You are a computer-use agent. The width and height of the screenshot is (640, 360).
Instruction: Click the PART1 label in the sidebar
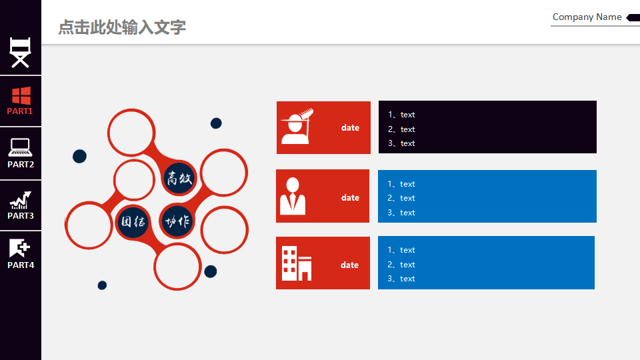point(19,111)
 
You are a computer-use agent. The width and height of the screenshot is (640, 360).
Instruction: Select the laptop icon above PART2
point(21,147)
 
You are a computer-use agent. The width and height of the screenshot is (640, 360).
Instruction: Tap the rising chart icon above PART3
point(21,200)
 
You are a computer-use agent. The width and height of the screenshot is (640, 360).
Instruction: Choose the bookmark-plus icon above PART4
point(19,248)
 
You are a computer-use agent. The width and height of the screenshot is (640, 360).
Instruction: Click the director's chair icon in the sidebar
point(21,53)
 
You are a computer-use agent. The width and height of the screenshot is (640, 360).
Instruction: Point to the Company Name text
point(587,17)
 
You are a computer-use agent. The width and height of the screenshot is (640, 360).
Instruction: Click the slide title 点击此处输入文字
point(122,27)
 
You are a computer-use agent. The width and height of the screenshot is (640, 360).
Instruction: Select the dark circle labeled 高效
point(179,178)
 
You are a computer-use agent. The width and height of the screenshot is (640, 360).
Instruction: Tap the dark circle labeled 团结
point(133,221)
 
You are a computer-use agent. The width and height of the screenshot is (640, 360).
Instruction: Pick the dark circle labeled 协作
point(177,221)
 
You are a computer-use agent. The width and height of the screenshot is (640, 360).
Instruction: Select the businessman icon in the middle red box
point(293,196)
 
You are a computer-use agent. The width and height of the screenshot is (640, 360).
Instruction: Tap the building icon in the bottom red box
point(297,263)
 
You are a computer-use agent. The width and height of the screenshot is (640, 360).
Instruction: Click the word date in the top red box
point(350,128)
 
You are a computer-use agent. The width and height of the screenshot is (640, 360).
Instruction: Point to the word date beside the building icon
point(350,265)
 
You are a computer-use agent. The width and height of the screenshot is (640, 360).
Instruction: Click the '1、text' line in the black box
point(401,115)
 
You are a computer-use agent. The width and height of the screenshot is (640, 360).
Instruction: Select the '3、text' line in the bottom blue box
point(401,279)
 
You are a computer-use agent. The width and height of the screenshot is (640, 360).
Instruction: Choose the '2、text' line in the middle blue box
point(401,198)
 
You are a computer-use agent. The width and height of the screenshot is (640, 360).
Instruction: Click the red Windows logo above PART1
point(21,96)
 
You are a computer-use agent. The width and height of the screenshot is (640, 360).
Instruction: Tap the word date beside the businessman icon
point(350,197)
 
